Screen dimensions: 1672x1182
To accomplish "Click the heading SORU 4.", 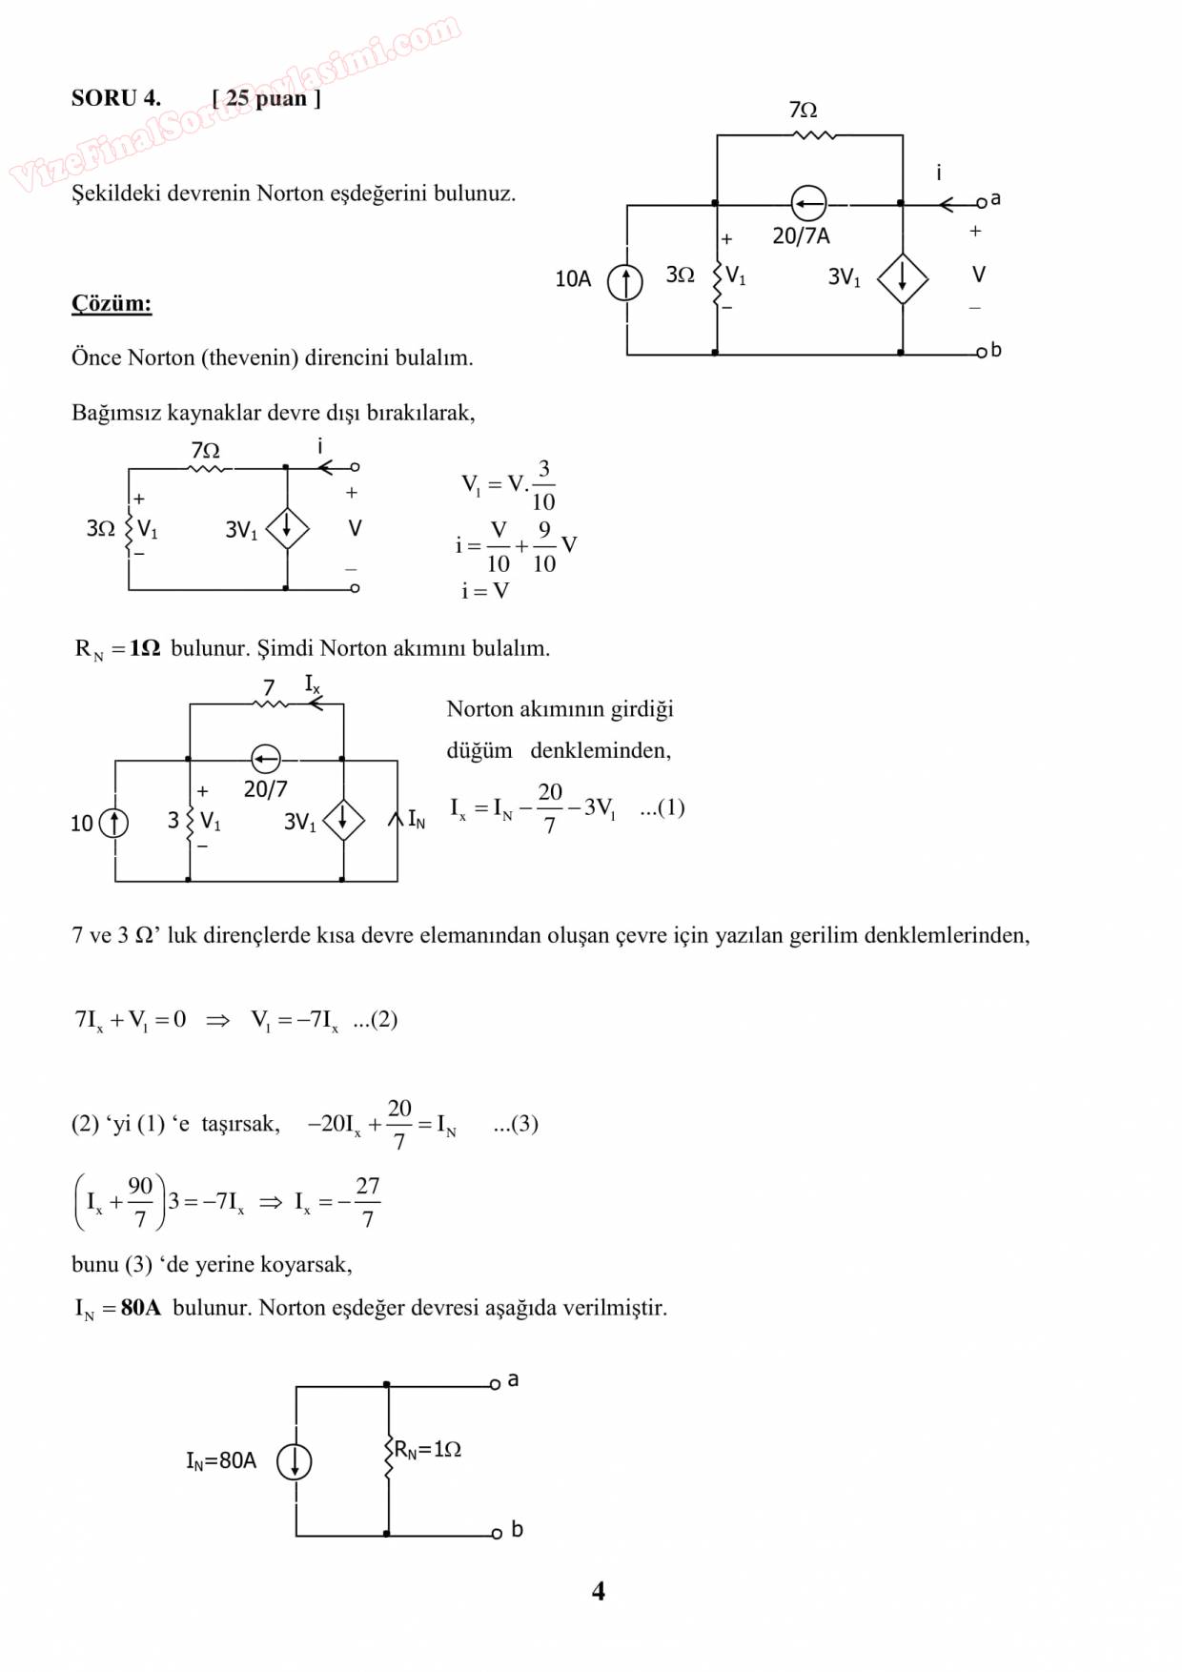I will (115, 98).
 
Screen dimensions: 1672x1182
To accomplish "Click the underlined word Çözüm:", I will (112, 304).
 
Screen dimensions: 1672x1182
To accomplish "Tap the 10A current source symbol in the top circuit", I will (625, 283).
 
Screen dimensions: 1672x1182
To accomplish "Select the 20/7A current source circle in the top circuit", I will (808, 203).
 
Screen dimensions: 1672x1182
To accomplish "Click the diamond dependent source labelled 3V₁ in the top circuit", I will (902, 279).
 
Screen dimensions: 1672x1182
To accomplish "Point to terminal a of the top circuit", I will (982, 203).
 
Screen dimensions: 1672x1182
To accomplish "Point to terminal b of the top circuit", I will (981, 354).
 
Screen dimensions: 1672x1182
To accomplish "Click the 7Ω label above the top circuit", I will (803, 111).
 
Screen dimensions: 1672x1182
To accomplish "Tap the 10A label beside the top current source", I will (573, 279).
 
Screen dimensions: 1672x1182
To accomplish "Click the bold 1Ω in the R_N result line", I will (145, 649).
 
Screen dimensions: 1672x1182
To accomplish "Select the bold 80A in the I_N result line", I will (141, 1308).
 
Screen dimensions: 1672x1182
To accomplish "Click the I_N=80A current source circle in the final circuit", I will (294, 1460).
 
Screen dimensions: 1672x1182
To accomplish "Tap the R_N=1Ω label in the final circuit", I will (427, 1450).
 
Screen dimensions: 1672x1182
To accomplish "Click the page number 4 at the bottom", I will (598, 1591).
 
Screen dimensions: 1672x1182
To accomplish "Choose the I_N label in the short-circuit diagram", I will (417, 820).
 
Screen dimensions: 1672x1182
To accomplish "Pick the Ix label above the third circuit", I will (313, 683).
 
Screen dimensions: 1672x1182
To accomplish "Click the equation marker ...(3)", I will (516, 1124).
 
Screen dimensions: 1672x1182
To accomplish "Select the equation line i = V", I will (485, 591).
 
